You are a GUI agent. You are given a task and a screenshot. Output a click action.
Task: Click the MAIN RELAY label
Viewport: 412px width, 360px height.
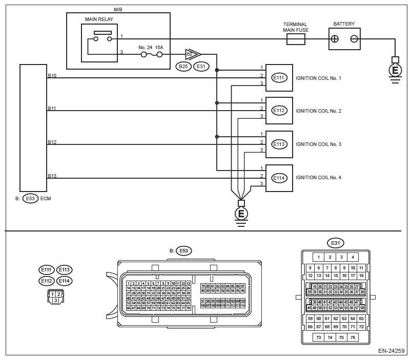(x=99, y=20)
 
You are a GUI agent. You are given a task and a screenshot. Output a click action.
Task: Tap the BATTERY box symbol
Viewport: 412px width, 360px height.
(x=344, y=38)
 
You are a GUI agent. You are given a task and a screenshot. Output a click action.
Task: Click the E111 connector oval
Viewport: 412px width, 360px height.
(x=279, y=77)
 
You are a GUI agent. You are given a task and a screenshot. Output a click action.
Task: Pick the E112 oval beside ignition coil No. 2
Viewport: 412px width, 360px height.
(x=279, y=111)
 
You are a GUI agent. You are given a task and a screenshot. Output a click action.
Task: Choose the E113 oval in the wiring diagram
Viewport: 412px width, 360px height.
(x=279, y=144)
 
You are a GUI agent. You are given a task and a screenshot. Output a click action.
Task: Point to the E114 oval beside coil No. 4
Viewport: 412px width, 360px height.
(x=279, y=178)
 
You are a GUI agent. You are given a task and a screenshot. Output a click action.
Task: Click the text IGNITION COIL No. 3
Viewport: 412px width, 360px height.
(x=318, y=144)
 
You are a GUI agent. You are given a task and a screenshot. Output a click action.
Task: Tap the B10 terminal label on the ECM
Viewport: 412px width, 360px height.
(x=52, y=75)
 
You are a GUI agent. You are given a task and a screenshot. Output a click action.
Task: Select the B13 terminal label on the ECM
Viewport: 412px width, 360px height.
(x=52, y=176)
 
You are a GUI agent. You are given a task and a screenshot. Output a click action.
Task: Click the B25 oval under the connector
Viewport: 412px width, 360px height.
(x=183, y=66)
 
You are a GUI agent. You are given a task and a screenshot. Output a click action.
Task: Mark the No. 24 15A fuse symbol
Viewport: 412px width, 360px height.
(x=152, y=54)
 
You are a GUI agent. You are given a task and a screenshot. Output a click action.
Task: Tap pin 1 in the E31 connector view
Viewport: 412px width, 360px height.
(x=319, y=257)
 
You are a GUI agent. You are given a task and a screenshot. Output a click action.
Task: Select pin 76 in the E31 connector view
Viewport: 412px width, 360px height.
(x=353, y=337)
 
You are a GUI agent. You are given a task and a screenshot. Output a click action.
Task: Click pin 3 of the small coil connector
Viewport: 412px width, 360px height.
(x=55, y=301)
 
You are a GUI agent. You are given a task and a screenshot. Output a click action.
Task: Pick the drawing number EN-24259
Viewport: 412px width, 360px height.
(x=392, y=352)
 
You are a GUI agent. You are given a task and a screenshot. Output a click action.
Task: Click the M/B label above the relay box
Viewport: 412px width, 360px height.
(x=117, y=8)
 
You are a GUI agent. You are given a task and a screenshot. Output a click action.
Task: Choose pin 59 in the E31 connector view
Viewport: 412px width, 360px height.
(x=310, y=319)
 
